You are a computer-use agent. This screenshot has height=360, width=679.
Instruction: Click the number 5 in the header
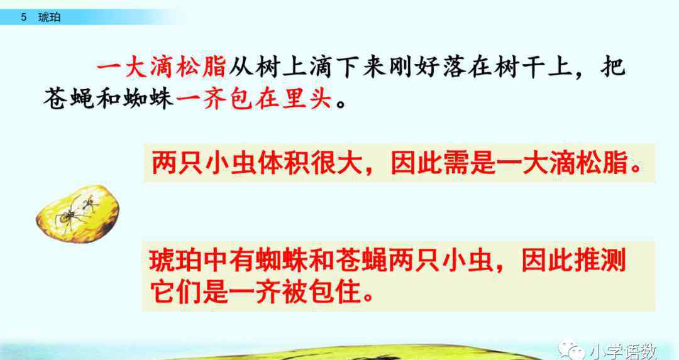(23, 18)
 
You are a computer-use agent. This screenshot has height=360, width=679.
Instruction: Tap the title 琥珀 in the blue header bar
(50, 18)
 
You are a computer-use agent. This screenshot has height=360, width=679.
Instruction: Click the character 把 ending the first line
(613, 68)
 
